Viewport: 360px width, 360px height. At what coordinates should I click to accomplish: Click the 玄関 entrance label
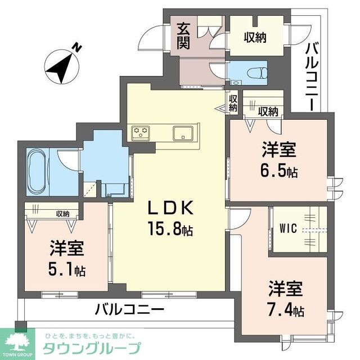pos(183,35)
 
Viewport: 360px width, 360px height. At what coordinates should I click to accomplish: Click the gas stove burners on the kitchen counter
pos(141,133)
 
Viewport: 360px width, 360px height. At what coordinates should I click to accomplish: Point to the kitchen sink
pos(183,133)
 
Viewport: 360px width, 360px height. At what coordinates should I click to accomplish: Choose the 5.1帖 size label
pos(66,270)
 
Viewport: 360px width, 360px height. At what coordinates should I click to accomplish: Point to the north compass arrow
pos(61,66)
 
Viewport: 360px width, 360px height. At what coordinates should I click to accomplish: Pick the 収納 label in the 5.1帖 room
pos(62,214)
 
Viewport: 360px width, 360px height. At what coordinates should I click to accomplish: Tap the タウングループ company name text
pos(91,347)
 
